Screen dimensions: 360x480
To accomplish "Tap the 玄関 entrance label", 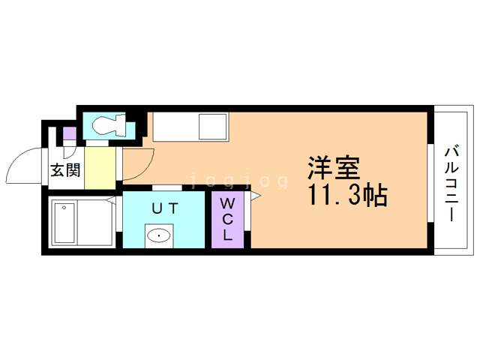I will (x=65, y=169).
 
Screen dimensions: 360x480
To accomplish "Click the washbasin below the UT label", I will (x=160, y=236).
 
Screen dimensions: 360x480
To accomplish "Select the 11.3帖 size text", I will (x=345, y=196).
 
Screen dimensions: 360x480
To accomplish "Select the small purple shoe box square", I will (x=69, y=135).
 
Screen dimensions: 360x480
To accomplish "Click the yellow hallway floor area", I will (x=100, y=169).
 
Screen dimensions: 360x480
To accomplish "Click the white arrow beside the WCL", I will (x=256, y=196).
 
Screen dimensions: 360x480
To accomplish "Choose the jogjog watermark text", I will (x=240, y=181).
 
